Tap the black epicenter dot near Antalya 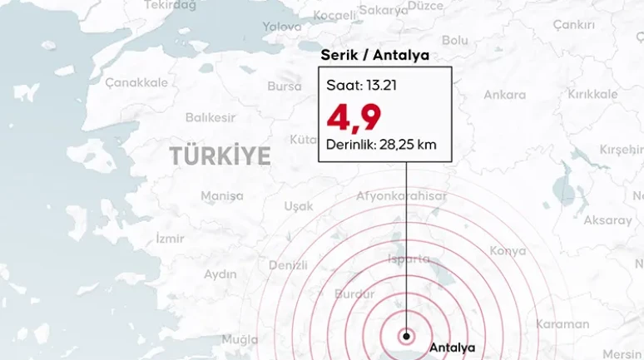[x=406, y=337]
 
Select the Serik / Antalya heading [x=374, y=56]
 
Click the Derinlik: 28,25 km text [x=382, y=145]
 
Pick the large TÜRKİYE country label [x=220, y=156]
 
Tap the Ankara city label [x=504, y=95]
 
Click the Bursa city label [x=285, y=86]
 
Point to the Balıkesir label [x=210, y=117]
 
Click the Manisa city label [x=222, y=196]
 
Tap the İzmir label [x=170, y=239]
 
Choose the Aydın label [x=220, y=274]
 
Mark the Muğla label [x=240, y=339]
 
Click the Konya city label [x=508, y=250]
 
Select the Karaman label [x=562, y=323]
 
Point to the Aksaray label [x=607, y=220]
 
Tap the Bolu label [x=455, y=40]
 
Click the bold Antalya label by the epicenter [x=452, y=348]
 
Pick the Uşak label [x=299, y=205]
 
